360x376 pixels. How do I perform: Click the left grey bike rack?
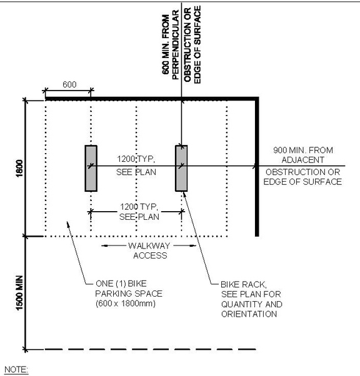point(91,167)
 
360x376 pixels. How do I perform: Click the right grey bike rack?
point(181,167)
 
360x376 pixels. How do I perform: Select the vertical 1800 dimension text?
point(19,169)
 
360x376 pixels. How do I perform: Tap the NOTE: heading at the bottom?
point(16,370)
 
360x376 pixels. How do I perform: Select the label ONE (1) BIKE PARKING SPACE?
point(119,287)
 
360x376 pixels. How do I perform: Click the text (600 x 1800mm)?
point(121,303)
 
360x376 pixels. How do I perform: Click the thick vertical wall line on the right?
point(257,169)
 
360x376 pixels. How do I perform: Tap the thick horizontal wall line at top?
point(150,99)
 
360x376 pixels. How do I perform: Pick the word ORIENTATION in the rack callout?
point(249,314)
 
